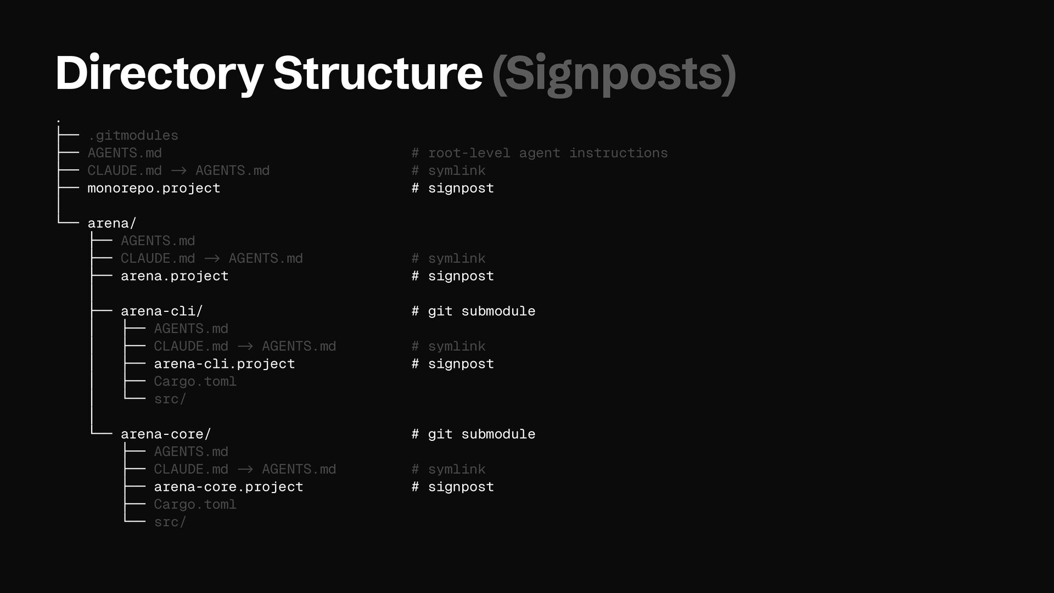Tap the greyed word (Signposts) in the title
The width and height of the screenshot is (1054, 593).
(614, 73)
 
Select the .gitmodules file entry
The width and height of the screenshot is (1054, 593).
(133, 136)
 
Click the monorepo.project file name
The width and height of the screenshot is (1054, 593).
(154, 188)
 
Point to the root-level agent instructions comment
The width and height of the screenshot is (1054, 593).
(540, 153)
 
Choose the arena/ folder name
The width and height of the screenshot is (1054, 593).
(111, 223)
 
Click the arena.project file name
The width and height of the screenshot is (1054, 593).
(174, 276)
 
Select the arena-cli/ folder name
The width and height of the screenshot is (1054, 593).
(161, 311)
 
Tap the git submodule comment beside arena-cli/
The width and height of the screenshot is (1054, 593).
(473, 311)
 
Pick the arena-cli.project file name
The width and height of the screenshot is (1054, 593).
(224, 364)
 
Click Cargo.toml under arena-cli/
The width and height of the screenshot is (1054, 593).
(195, 382)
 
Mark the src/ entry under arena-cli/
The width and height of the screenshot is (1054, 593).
(170, 399)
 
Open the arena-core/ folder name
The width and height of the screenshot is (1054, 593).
(165, 434)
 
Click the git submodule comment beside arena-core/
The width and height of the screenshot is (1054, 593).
(473, 434)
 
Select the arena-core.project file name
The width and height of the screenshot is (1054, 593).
(228, 487)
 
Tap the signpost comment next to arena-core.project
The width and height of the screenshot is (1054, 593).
(453, 487)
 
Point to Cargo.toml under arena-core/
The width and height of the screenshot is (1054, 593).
(195, 505)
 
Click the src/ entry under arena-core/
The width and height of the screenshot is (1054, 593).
(170, 522)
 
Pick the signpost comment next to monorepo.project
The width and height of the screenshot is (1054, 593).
(453, 188)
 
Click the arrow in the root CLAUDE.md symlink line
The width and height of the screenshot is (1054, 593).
(178, 171)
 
